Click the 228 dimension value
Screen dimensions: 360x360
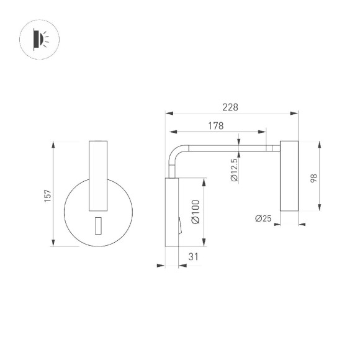(230, 107)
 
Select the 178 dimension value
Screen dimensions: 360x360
(215, 126)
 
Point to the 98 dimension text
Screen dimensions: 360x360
(314, 177)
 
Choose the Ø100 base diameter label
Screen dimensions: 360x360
(195, 211)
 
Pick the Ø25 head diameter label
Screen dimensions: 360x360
(264, 218)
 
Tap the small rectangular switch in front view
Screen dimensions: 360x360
(98, 227)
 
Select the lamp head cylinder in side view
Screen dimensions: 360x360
(289, 176)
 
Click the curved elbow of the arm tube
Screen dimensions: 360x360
(175, 155)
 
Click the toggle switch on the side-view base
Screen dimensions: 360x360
(179, 226)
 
